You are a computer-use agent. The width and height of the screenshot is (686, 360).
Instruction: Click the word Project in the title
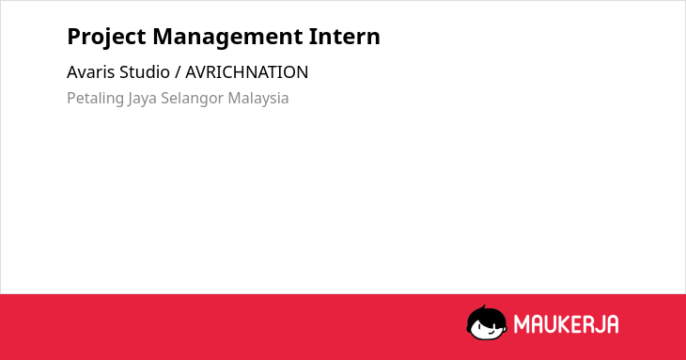tap(106, 38)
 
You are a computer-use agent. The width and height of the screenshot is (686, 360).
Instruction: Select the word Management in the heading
tap(227, 38)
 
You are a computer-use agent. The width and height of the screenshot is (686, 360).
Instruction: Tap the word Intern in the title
tap(344, 37)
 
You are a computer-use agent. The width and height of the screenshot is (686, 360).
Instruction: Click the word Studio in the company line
tap(145, 72)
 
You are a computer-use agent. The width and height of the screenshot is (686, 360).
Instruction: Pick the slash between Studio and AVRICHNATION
tap(178, 72)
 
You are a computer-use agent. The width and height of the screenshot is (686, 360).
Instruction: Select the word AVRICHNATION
tap(247, 72)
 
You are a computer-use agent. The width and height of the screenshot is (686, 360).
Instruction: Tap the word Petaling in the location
tap(95, 99)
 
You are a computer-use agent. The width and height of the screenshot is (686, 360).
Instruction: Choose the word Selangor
tap(193, 99)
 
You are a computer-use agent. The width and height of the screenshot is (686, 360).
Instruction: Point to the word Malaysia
tap(258, 99)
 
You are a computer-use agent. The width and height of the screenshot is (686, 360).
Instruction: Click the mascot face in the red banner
tap(487, 323)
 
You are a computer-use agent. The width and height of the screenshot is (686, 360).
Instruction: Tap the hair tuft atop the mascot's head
tap(483, 307)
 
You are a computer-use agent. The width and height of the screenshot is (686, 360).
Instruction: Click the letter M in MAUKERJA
tap(522, 324)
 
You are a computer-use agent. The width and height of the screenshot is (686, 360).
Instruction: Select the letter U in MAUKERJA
tap(553, 324)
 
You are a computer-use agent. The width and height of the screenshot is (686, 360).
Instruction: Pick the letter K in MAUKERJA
tap(567, 324)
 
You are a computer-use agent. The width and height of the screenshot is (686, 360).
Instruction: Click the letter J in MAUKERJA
tap(602, 324)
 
